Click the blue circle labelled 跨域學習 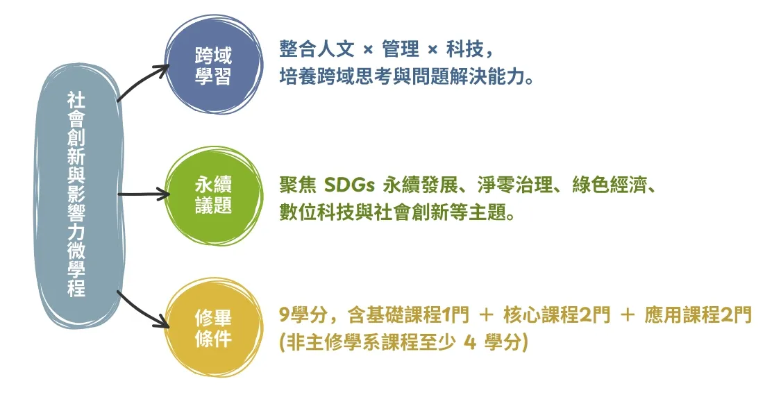click(x=214, y=65)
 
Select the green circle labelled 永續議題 click(x=214, y=196)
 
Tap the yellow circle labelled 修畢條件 click(x=214, y=327)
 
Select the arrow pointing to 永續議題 click(x=144, y=194)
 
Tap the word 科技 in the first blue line click(x=464, y=49)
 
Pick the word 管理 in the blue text click(x=401, y=49)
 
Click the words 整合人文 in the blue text click(x=317, y=49)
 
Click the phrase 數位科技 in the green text click(x=317, y=214)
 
